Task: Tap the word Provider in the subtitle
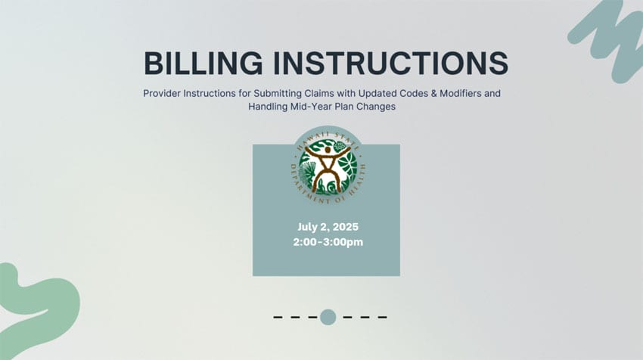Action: (x=163, y=95)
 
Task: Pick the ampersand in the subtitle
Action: (x=422, y=95)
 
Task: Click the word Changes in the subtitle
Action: (x=376, y=107)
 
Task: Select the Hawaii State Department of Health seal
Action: (x=327, y=166)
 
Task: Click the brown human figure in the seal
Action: (x=327, y=166)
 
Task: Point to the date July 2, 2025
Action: (x=328, y=228)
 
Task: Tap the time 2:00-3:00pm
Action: (x=328, y=242)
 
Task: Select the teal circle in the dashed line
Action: (x=328, y=317)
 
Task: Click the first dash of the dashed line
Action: (x=278, y=317)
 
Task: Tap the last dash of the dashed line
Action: (x=382, y=317)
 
